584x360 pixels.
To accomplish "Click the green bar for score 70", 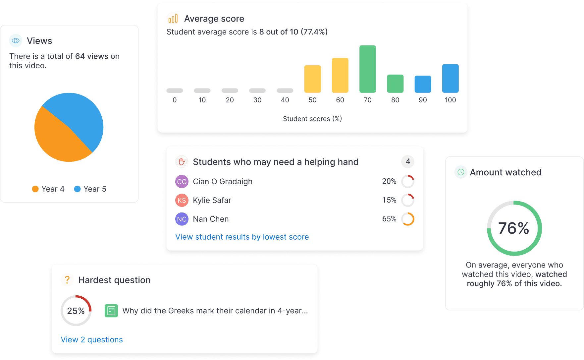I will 367,69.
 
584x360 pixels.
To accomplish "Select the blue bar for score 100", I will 450,78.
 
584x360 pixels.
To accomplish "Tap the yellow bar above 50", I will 312,79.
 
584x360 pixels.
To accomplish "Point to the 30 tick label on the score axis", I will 257,100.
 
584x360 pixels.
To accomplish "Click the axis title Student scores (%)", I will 312,119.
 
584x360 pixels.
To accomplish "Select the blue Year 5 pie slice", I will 81,116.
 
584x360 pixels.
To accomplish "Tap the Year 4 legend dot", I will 35,189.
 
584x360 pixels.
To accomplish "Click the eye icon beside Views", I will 16,41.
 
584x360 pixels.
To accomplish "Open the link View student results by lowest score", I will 242,237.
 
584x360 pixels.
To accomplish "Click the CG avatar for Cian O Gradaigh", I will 182,182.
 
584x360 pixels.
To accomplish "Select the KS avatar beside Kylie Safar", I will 182,200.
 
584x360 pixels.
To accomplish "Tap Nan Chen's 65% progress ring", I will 408,219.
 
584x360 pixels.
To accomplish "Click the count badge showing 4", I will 408,161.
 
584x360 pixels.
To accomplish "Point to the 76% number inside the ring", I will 514,228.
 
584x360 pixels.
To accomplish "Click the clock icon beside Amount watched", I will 461,172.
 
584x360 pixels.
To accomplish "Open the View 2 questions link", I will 92,340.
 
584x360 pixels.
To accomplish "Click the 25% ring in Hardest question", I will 76,311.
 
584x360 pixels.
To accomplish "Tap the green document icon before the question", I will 111,311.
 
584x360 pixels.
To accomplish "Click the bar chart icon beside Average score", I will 173,19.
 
